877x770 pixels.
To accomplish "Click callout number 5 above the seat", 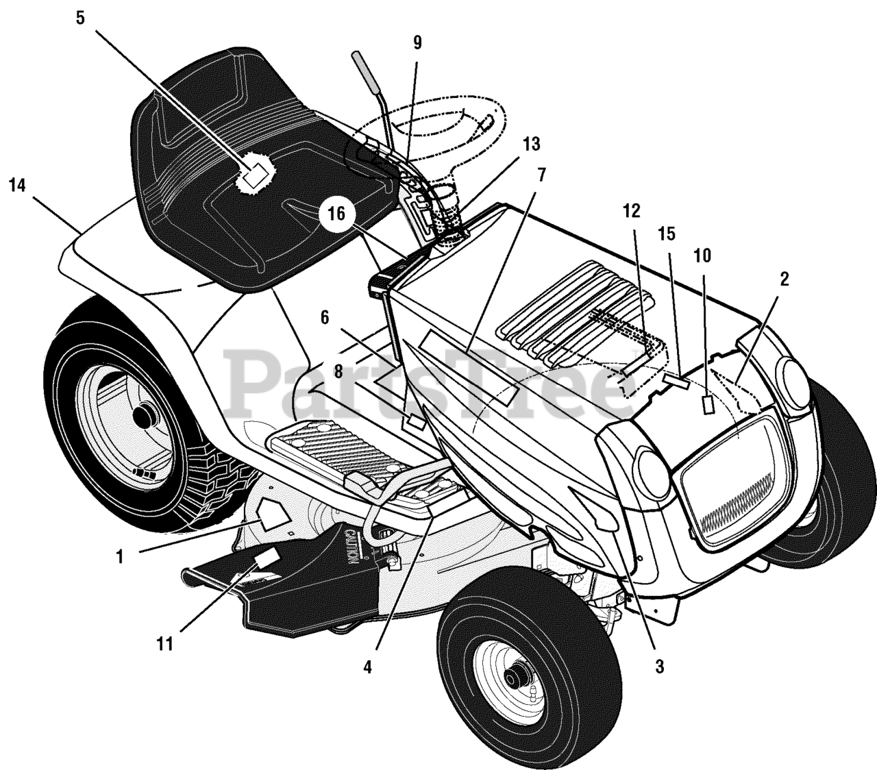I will pyautogui.click(x=80, y=18).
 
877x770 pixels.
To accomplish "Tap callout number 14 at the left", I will pyautogui.click(x=19, y=185).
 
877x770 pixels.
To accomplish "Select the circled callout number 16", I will pyautogui.click(x=336, y=214).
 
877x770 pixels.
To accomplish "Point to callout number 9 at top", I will pyautogui.click(x=417, y=42).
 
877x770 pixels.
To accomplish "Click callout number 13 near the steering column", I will pyautogui.click(x=531, y=145).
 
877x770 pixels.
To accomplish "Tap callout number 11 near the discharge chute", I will pyautogui.click(x=164, y=644).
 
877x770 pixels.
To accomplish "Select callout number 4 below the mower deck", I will pyautogui.click(x=368, y=667).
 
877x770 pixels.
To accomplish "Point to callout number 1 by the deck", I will pyautogui.click(x=120, y=557).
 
